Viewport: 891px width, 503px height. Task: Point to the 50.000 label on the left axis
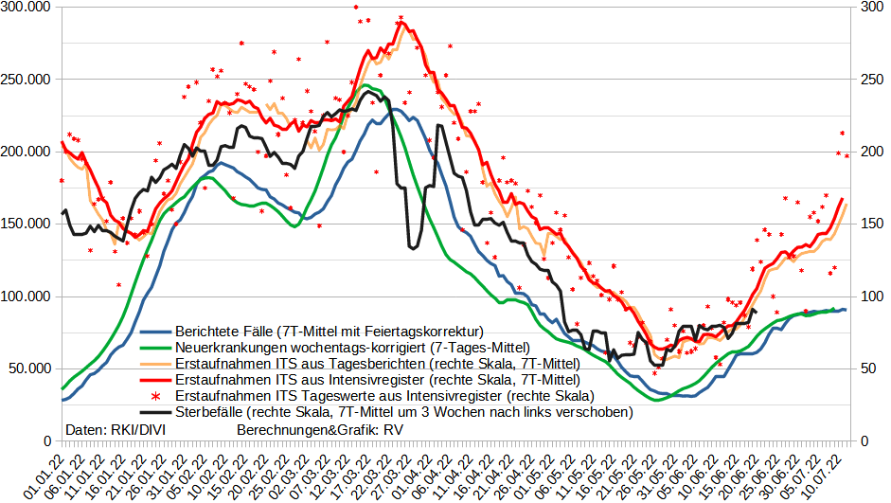click(x=30, y=369)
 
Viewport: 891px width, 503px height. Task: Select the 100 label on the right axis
click(x=870, y=296)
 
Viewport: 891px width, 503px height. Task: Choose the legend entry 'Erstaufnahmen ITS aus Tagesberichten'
click(x=377, y=364)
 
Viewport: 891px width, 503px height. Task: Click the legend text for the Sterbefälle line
click(x=403, y=412)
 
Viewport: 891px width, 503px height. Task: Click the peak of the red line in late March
click(x=401, y=23)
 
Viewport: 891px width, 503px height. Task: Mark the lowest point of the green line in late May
click(x=660, y=400)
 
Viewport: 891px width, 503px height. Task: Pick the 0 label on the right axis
click(x=864, y=441)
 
